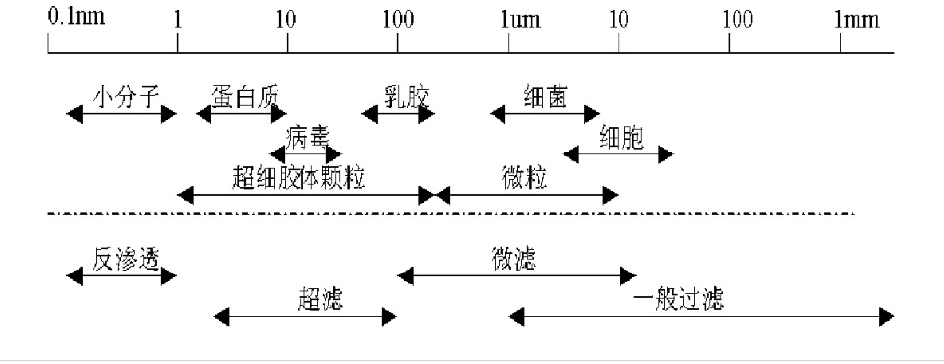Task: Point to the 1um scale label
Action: (x=520, y=18)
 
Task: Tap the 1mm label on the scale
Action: (x=857, y=18)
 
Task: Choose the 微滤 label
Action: (x=512, y=258)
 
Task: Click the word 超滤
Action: (x=320, y=298)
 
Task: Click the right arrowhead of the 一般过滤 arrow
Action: (x=887, y=316)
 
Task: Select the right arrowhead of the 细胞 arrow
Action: (x=666, y=153)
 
